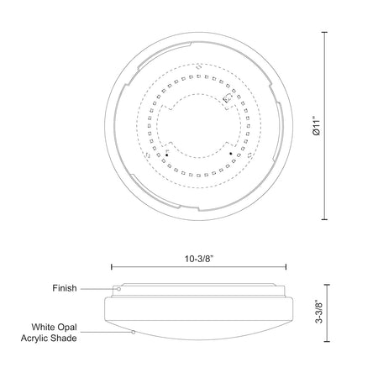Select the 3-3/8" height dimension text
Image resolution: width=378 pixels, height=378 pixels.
[319, 312]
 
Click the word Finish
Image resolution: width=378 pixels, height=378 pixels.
[65, 288]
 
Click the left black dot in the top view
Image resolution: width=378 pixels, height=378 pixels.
[166, 155]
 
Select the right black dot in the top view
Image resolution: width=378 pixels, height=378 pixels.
[231, 154]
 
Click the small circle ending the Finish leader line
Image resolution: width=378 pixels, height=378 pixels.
[118, 289]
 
